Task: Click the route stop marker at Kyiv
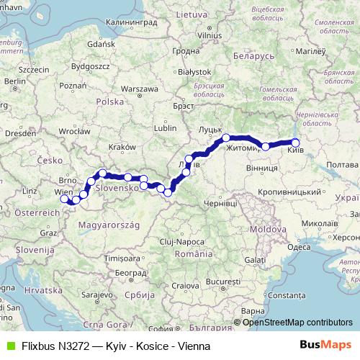coord(294,143)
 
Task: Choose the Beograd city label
coord(130,273)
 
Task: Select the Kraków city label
coord(122,148)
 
